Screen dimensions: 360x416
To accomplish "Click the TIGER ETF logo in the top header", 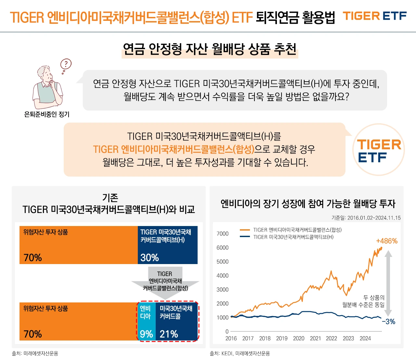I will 375,16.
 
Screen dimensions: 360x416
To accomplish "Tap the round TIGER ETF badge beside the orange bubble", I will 379,150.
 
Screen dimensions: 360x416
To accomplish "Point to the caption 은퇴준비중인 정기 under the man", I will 47,114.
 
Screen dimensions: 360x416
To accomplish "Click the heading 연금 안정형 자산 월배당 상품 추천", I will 210,49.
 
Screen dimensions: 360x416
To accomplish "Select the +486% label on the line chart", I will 386,241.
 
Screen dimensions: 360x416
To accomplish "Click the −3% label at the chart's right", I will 388,322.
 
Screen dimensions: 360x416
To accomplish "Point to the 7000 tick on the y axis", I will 222,234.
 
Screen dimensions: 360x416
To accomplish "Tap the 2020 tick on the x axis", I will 298,339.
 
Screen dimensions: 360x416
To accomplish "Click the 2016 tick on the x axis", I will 231,339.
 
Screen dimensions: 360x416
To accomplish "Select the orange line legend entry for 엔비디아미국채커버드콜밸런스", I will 291,230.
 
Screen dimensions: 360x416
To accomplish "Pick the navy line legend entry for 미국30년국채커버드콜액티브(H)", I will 287,237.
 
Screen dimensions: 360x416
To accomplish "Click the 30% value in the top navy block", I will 149,258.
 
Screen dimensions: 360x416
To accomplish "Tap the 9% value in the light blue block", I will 146,334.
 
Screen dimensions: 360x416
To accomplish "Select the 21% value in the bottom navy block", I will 169,334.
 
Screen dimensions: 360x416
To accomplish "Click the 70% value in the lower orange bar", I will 33,334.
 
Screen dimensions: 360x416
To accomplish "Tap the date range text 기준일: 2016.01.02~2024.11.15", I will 366,218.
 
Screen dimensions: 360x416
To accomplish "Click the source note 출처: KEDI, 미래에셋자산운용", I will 240,353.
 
